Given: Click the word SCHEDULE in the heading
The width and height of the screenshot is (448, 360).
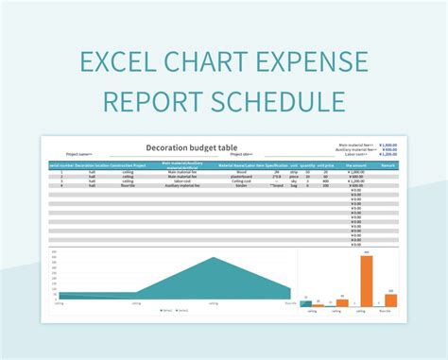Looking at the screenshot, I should point(279,101).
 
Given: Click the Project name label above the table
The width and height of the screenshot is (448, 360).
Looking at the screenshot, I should point(79,154).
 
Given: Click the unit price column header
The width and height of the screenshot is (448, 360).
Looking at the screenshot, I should point(326,165).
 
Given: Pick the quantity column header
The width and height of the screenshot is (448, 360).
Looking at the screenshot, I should point(308,165).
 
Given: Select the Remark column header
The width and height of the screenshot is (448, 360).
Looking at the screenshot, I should point(388,165).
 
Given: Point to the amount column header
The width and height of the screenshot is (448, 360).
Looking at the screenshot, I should point(356,165).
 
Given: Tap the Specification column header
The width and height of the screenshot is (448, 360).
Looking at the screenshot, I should point(276,165).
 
